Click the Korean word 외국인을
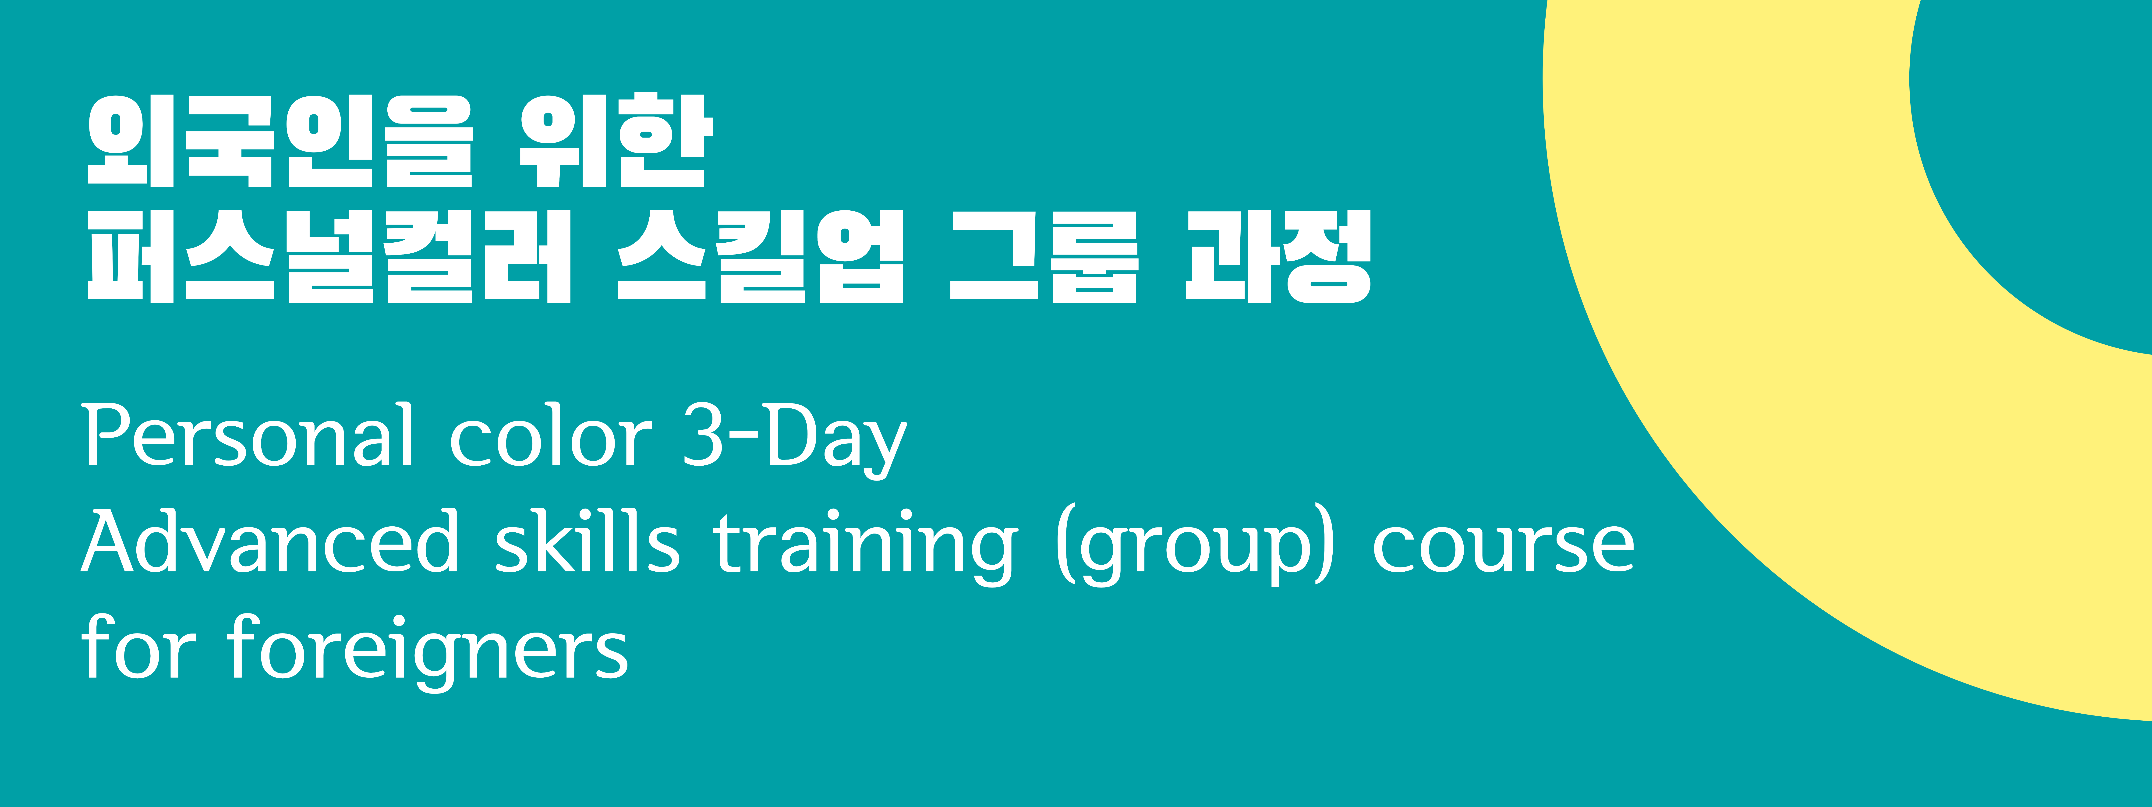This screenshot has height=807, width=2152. (x=280, y=140)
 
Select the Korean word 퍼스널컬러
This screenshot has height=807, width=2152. (x=329, y=256)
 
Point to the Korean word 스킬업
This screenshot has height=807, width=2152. (x=760, y=256)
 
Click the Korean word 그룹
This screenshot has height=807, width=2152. (x=1044, y=256)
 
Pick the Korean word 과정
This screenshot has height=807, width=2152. (x=1278, y=256)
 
